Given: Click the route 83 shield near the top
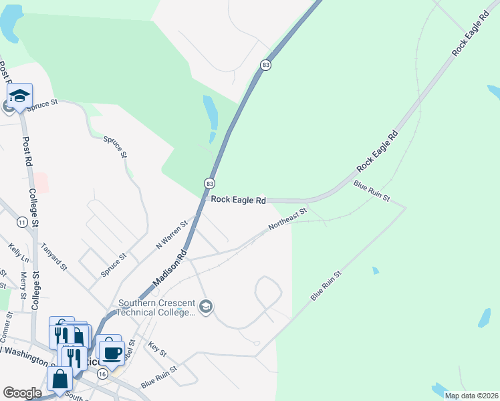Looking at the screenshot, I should click(266, 65).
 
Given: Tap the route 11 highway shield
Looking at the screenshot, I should click(22, 223).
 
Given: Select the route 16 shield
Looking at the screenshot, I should click(102, 374).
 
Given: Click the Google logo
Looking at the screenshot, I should click(22, 393).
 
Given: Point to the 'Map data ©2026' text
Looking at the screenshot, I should click(471, 396).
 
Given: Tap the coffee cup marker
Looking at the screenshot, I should click(112, 352).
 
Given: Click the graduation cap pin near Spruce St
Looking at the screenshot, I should click(19, 97).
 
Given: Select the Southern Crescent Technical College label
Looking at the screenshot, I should click(156, 307).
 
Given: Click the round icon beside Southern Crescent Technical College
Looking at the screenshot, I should click(207, 307).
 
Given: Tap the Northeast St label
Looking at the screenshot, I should click(287, 219).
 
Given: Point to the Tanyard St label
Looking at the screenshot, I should click(54, 257).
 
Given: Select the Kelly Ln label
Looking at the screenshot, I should click(19, 253).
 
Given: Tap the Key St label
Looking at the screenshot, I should click(157, 348).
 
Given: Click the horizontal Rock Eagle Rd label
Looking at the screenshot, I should click(239, 200).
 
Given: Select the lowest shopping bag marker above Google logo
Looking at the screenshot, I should click(60, 378).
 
